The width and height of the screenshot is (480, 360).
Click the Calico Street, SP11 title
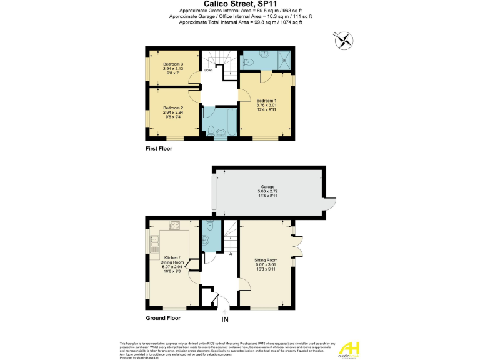point(240,4)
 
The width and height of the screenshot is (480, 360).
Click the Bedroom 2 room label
point(173,111)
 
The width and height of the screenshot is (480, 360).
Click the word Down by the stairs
point(208,71)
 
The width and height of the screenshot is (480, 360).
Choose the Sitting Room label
point(266,262)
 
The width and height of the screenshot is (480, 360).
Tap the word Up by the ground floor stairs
point(231,254)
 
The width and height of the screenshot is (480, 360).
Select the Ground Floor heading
point(163,318)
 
